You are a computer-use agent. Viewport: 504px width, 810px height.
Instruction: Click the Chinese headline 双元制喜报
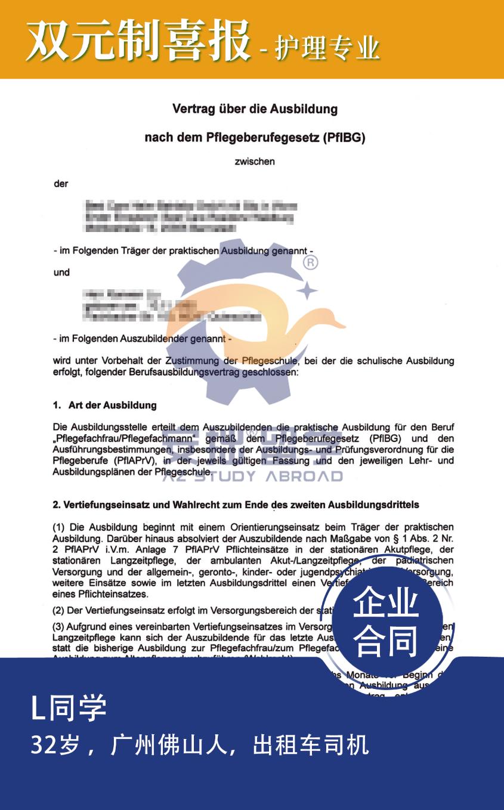(137, 41)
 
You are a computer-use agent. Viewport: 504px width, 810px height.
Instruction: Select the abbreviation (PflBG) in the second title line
(344, 138)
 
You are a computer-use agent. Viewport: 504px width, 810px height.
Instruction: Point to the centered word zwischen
(255, 161)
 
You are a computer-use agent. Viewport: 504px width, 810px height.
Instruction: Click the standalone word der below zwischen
(61, 184)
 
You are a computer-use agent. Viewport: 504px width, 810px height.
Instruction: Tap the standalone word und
(61, 273)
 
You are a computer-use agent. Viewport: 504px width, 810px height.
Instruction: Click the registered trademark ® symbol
(311, 262)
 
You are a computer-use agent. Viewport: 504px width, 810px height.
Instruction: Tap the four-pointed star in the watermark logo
(307, 290)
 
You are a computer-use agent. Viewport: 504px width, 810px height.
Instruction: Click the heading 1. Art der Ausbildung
(104, 405)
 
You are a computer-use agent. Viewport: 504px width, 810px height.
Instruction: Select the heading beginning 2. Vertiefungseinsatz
(236, 505)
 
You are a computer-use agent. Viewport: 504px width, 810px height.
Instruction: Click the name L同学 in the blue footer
(69, 708)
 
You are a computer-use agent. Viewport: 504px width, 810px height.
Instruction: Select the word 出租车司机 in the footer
(311, 745)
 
